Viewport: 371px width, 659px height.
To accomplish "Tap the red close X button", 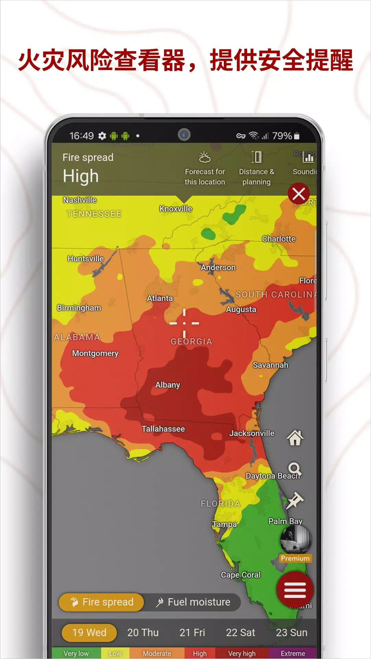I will tap(299, 194).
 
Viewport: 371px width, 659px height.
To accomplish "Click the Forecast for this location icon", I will tap(205, 158).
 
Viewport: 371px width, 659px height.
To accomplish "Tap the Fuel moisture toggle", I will tap(193, 602).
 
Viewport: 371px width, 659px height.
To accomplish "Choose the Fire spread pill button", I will tap(102, 602).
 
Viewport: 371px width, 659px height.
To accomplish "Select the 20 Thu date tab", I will tap(143, 632).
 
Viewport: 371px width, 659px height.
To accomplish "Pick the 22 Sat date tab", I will tap(240, 632).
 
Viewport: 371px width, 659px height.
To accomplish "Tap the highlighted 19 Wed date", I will tap(89, 632).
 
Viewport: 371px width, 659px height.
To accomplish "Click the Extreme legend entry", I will tap(292, 654).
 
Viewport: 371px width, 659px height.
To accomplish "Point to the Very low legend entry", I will tap(76, 654).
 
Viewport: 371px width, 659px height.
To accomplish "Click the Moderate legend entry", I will tap(157, 654).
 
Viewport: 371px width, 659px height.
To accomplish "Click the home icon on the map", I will tap(295, 438).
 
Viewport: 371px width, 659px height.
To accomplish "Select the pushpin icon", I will tap(295, 500).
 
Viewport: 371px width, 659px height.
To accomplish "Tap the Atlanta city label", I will tap(160, 298).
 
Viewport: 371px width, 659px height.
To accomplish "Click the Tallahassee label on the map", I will tap(163, 429).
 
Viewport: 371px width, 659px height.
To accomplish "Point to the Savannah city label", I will tap(270, 365).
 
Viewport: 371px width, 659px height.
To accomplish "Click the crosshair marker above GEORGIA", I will tap(184, 323).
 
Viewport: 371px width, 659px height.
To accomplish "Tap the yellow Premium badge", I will tap(295, 558).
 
